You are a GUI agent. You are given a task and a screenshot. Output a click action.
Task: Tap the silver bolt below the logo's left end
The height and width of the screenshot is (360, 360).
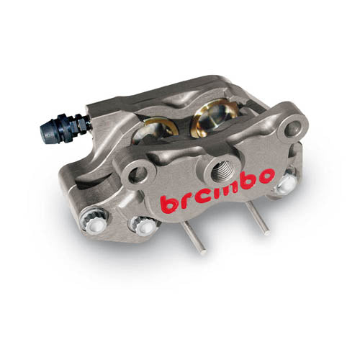coord(147,226)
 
